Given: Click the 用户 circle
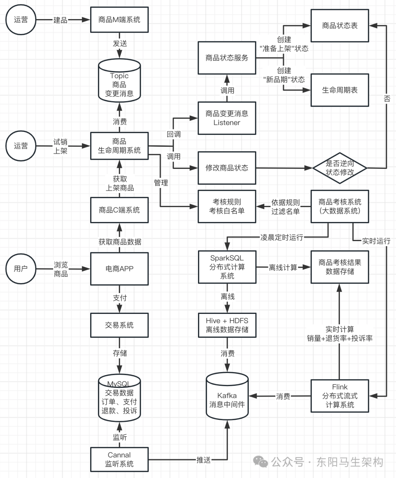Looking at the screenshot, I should (x=21, y=269).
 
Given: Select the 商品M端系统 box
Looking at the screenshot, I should (x=119, y=20).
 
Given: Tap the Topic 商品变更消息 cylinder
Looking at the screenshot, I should (x=119, y=81).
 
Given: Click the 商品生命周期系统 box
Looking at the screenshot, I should (x=119, y=146).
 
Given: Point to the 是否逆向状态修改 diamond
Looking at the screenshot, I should (x=340, y=168).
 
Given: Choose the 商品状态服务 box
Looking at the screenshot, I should (x=227, y=58).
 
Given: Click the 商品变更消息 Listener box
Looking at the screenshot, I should (x=227, y=118).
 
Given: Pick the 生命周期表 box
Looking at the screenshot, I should (x=340, y=90).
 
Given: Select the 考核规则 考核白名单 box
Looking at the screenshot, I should (x=227, y=206).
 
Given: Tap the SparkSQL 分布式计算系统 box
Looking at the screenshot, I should (x=227, y=267).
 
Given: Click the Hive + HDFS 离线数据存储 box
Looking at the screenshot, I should (x=227, y=325).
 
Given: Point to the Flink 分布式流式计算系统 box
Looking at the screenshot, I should (x=340, y=396).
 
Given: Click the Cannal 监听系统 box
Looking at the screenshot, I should (x=119, y=459).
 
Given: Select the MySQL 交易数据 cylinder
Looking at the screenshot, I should (x=119, y=398).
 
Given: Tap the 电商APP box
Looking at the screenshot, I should (x=119, y=269).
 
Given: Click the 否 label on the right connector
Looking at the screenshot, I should (x=387, y=99).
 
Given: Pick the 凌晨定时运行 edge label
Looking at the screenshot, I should (x=282, y=237).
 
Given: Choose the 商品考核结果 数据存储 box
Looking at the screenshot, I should (x=340, y=267).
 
